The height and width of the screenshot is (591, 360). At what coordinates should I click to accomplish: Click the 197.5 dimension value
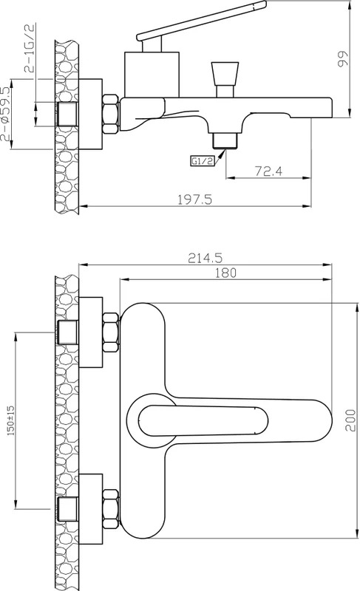[195, 199]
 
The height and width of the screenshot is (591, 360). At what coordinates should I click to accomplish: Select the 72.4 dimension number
[268, 171]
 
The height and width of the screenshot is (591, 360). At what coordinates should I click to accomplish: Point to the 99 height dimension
[343, 59]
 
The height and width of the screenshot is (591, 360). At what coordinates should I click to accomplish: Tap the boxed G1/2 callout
[202, 161]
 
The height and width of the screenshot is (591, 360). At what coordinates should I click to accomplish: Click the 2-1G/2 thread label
[30, 47]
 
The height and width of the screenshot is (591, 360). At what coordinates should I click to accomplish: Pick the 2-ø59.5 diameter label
[5, 114]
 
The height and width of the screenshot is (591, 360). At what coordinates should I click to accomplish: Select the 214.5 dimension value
[205, 258]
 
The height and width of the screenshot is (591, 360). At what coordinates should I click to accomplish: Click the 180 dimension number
[225, 273]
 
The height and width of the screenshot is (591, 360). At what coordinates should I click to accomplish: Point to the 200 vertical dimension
[350, 420]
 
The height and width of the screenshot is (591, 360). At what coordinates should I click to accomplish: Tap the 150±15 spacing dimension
[11, 420]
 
